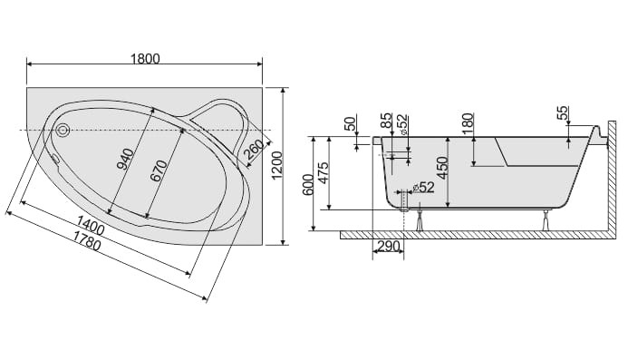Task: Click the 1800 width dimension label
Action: pyautogui.click(x=145, y=59)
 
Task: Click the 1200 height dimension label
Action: pyautogui.click(x=277, y=166)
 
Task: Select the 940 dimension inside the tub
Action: pyautogui.click(x=128, y=160)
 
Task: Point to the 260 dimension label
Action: pyautogui.click(x=253, y=150)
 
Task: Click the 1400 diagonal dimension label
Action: pyautogui.click(x=90, y=225)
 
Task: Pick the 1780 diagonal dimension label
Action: pyautogui.click(x=86, y=240)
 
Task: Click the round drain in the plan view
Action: pyautogui.click(x=63, y=130)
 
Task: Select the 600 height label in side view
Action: pyautogui.click(x=308, y=185)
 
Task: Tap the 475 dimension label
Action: pyautogui.click(x=324, y=172)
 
